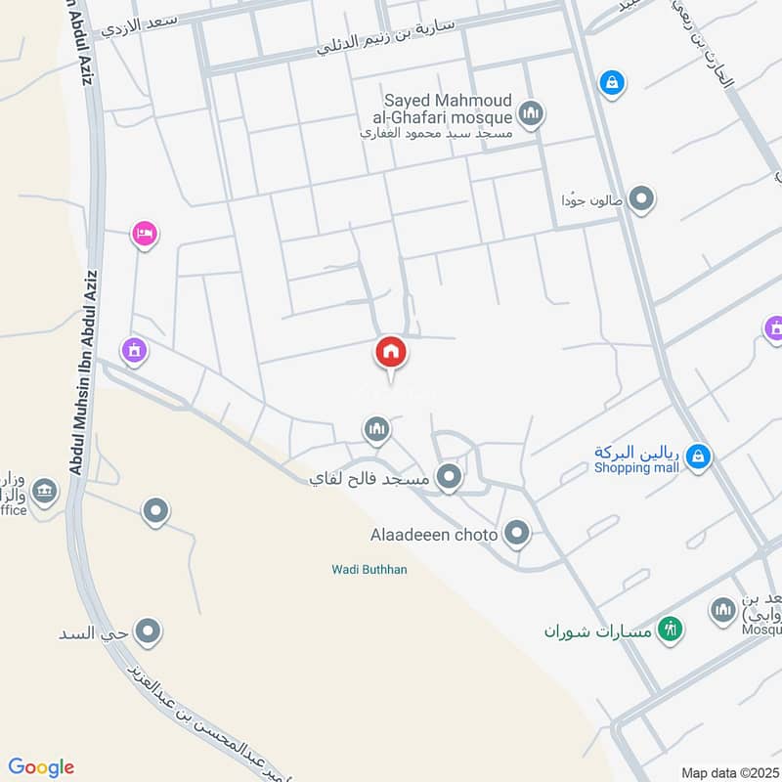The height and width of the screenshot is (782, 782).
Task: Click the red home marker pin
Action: tap(391, 352)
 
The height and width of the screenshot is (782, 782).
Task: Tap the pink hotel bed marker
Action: tap(144, 234)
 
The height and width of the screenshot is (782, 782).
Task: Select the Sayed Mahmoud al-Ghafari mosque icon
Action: tap(531, 115)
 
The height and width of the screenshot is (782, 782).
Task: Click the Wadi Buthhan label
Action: tap(368, 569)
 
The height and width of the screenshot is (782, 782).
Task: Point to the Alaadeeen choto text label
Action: tap(434, 535)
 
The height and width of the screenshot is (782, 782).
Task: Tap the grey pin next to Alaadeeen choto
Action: tap(517, 534)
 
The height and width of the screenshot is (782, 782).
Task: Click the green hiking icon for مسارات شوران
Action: tap(670, 629)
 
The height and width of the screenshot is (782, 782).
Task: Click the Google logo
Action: tap(41, 767)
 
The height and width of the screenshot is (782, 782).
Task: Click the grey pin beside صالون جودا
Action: tap(641, 199)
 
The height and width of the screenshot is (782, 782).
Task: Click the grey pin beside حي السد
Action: tap(148, 631)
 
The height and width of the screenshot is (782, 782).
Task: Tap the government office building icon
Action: tap(43, 490)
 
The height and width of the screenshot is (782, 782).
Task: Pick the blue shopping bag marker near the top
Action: tap(611, 81)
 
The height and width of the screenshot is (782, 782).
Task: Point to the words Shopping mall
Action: tap(636, 467)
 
